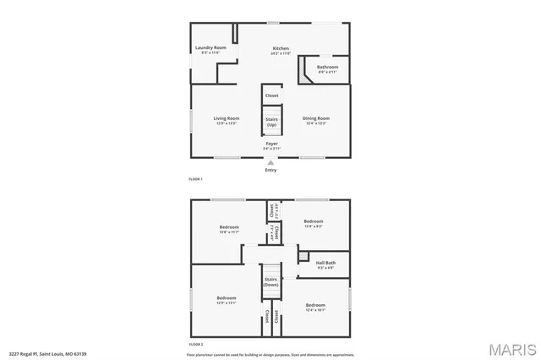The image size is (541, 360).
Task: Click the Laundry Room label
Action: [x=210, y=48]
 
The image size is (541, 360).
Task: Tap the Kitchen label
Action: [x=281, y=48]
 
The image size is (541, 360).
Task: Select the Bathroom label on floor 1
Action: [x=327, y=68]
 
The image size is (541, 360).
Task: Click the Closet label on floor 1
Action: [x=271, y=95]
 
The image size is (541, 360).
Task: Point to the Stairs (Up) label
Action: [x=271, y=122]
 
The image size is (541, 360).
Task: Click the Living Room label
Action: [x=226, y=118]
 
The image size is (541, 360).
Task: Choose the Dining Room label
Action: [x=317, y=118]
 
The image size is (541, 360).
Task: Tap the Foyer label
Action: [x=271, y=144]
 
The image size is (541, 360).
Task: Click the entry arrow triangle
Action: [x=270, y=161]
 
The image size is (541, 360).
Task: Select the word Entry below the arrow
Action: [x=270, y=170]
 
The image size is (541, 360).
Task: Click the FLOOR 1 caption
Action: [x=195, y=179]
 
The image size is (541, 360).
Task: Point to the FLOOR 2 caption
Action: [x=196, y=345]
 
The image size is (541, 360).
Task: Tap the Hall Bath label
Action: [x=325, y=263]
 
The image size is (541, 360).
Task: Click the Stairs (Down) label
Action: [x=270, y=281]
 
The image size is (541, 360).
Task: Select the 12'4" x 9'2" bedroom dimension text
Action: [x=314, y=226]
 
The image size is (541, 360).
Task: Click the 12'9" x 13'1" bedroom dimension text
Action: [x=226, y=303]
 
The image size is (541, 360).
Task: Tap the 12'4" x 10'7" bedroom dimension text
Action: [x=315, y=309]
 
